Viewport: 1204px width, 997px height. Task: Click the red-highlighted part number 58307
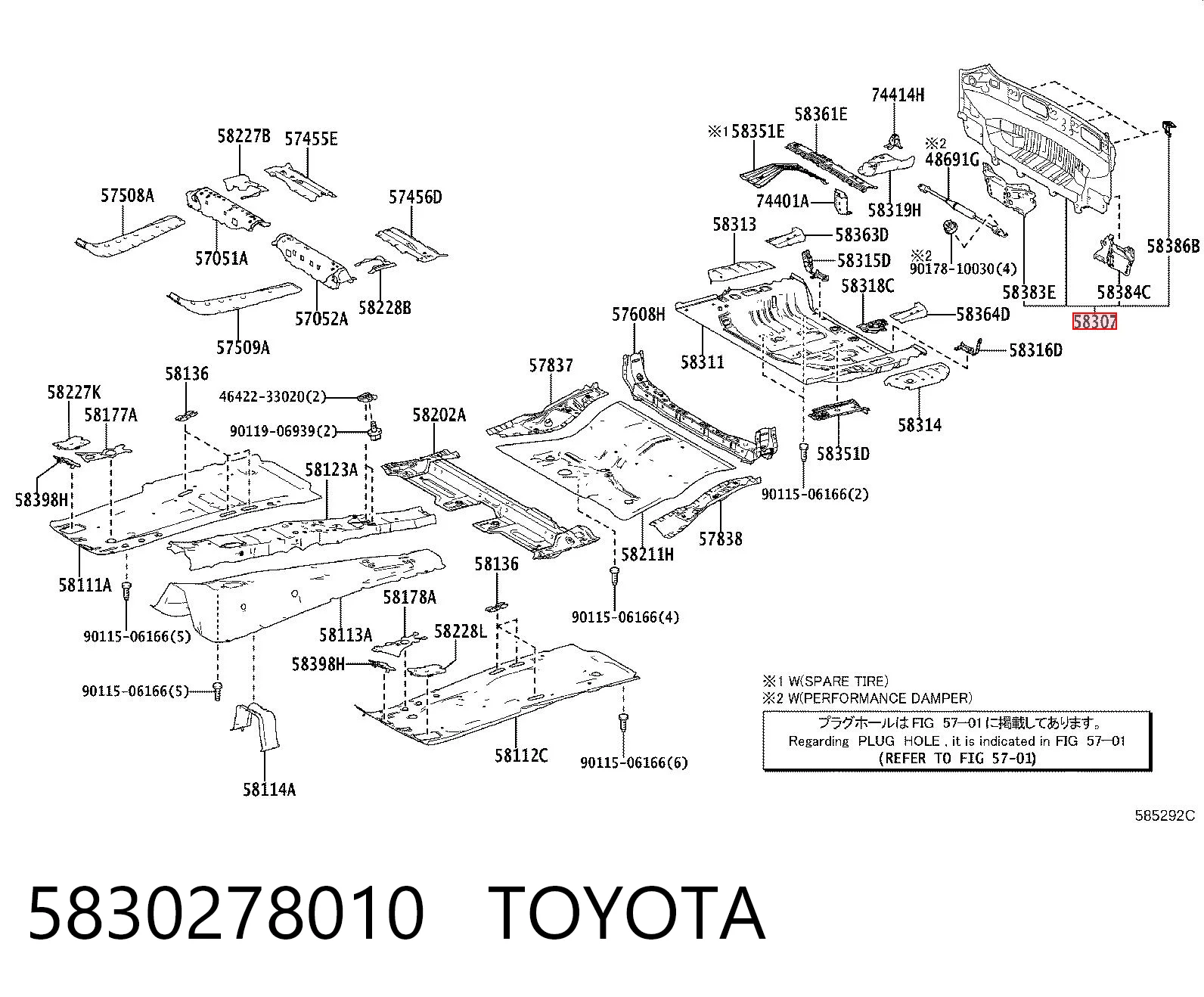1094,321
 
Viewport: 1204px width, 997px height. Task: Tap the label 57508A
128,196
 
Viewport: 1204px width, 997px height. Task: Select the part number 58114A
269,789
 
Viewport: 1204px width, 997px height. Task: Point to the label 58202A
439,415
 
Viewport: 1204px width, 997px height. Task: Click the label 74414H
898,95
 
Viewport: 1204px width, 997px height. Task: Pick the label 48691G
952,160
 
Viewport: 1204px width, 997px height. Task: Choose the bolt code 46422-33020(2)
273,397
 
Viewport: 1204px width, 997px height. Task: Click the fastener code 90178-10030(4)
963,269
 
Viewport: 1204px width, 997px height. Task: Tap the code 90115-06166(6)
635,763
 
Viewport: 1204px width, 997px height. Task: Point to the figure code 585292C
1165,815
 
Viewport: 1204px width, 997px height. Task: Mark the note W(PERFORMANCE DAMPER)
880,699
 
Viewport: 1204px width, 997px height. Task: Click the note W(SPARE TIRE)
838,682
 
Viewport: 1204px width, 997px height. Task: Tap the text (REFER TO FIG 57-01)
957,758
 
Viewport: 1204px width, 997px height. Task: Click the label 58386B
1173,247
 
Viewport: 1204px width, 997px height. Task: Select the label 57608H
638,315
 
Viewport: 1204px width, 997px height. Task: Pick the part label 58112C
521,755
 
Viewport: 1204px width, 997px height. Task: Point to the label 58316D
1035,350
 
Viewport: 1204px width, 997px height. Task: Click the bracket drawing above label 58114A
256,726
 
